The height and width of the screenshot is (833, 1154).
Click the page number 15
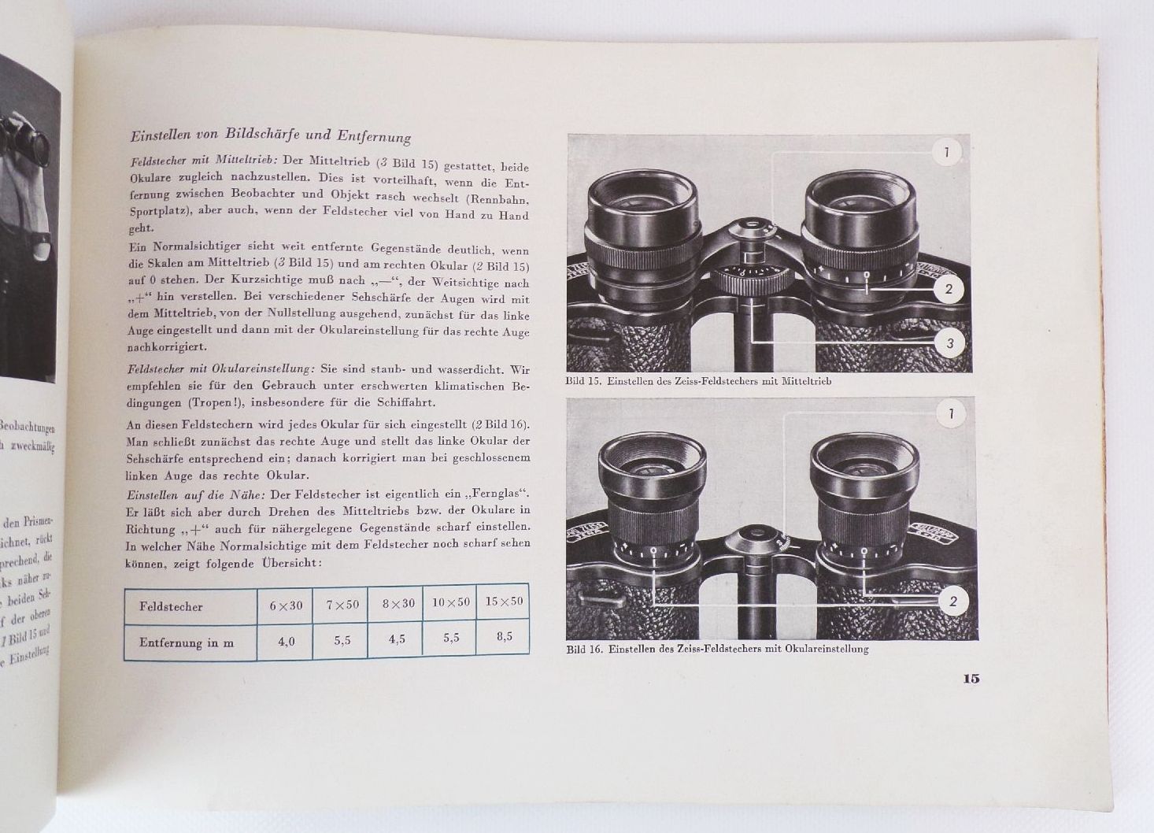[x=971, y=679]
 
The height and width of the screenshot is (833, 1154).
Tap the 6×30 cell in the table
[x=286, y=605]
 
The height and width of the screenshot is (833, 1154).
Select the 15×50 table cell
[x=504, y=602]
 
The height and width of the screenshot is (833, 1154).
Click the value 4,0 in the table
[x=286, y=641]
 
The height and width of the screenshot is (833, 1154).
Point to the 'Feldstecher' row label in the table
[x=171, y=607]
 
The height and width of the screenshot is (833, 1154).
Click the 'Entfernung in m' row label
[x=186, y=642]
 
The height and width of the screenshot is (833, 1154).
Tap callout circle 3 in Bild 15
[x=949, y=342]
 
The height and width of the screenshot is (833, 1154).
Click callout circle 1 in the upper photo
[x=947, y=152]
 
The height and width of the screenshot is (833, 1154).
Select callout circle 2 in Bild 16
[x=953, y=602]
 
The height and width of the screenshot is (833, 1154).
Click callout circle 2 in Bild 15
[x=949, y=289]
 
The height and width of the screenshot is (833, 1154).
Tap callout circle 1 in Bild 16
[x=952, y=413]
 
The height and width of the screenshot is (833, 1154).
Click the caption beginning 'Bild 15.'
[x=698, y=381]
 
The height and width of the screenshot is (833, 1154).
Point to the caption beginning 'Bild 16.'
[x=716, y=649]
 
